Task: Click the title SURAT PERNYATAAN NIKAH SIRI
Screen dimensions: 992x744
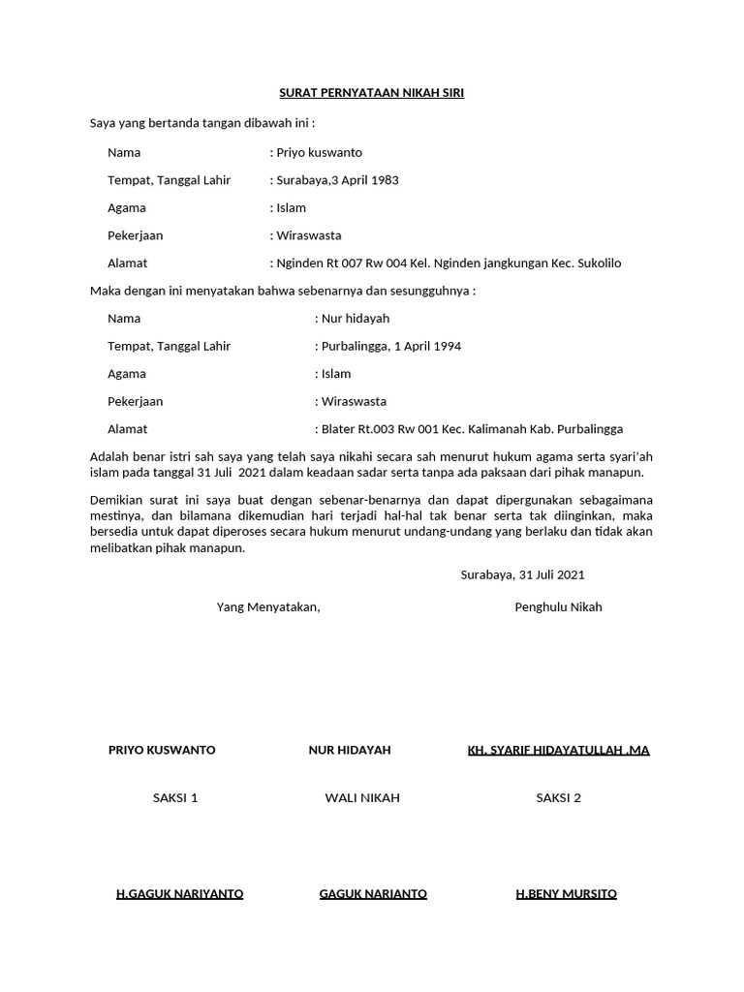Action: tap(372, 93)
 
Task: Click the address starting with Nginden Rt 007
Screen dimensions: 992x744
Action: tap(449, 263)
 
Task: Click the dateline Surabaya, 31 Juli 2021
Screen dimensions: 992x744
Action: tap(522, 574)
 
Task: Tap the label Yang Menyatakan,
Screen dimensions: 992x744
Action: tap(268, 606)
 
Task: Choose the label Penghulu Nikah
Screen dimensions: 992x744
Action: tap(558, 606)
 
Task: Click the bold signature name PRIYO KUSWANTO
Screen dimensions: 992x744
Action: tap(162, 750)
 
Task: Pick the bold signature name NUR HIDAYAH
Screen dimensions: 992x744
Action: tap(350, 750)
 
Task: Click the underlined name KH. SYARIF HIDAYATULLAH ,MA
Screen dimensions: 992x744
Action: tap(558, 750)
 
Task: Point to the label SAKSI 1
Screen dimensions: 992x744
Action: tap(175, 797)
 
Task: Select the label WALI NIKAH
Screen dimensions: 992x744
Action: tap(362, 797)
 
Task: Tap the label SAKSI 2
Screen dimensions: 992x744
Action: tap(559, 797)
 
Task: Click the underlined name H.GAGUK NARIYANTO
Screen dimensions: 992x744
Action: tap(179, 893)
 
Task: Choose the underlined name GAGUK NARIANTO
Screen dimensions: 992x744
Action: tap(373, 893)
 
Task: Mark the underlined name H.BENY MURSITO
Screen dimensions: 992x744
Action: tap(566, 893)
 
